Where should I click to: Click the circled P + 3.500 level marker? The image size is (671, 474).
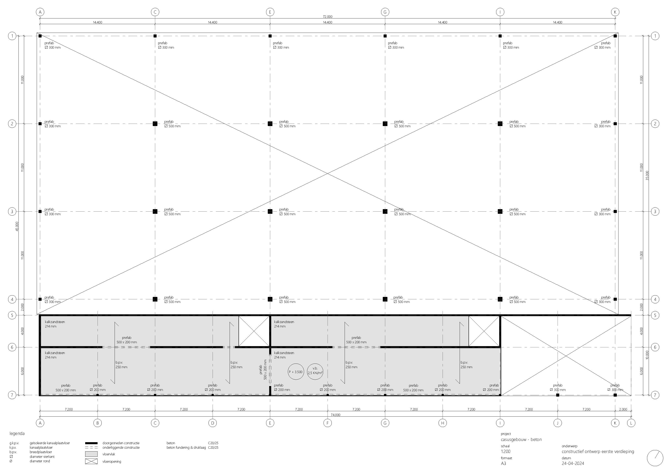pyautogui.click(x=296, y=372)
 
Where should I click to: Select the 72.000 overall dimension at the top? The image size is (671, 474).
pyautogui.click(x=328, y=17)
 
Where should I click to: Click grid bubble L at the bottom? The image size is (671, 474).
pyautogui.click(x=631, y=423)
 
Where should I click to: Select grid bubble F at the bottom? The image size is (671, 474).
pyautogui.click(x=328, y=423)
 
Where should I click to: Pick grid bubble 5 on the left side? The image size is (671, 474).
pyautogui.click(x=12, y=315)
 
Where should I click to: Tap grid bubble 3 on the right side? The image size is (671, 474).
pyautogui.click(x=655, y=211)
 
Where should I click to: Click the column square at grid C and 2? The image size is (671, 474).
pyautogui.click(x=155, y=124)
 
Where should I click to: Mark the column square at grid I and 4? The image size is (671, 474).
pyautogui.click(x=500, y=299)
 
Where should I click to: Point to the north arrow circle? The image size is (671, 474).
pyautogui.click(x=655, y=458)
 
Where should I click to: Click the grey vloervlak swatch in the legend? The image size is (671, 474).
pyautogui.click(x=91, y=454)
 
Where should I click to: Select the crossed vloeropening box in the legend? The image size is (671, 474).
pyautogui.click(x=91, y=461)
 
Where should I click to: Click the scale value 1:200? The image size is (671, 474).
pyautogui.click(x=506, y=452)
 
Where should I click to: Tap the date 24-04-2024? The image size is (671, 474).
pyautogui.click(x=573, y=463)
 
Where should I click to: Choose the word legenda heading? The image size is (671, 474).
pyautogui.click(x=17, y=434)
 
